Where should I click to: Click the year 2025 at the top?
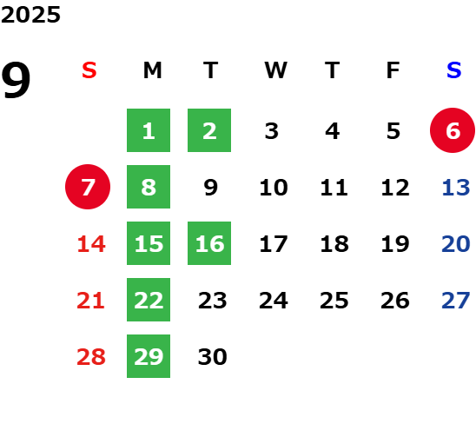(30, 15)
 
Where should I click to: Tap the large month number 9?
(16, 80)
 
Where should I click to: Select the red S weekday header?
(89, 70)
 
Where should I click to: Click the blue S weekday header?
(454, 70)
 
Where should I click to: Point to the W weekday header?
(275, 70)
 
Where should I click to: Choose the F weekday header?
(393, 70)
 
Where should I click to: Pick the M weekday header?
(152, 70)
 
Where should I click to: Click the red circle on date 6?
(453, 130)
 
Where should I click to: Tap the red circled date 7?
(88, 187)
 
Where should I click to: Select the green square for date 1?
(149, 130)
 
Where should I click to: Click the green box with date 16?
(209, 243)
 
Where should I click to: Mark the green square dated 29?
(149, 356)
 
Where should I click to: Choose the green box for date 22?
(149, 300)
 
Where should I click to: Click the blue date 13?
(456, 188)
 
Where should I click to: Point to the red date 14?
(91, 244)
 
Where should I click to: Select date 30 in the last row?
(213, 357)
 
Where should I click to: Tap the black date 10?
(274, 188)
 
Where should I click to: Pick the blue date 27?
(456, 301)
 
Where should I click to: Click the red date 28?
(91, 357)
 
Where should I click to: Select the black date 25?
(334, 301)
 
